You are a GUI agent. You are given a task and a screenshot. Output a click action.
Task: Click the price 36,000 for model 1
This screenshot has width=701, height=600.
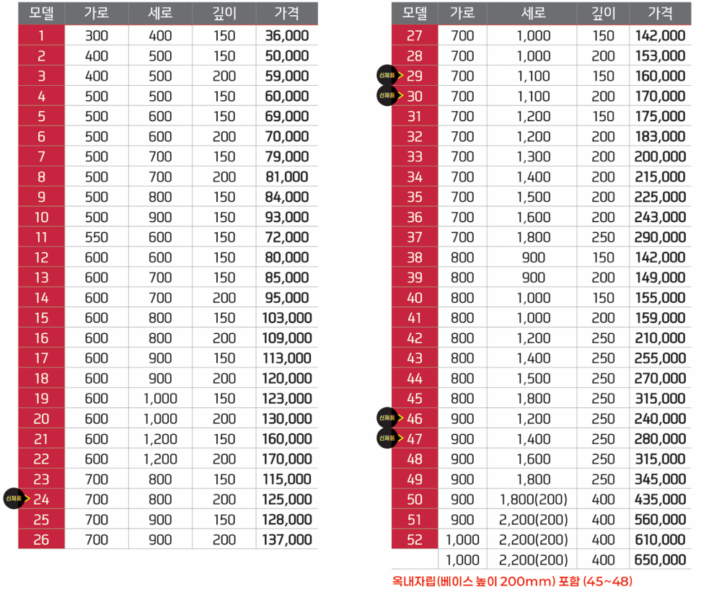[x=287, y=35]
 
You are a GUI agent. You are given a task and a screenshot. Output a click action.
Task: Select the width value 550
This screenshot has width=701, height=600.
[x=96, y=237]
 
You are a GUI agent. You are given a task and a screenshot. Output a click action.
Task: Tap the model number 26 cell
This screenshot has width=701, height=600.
[x=41, y=539]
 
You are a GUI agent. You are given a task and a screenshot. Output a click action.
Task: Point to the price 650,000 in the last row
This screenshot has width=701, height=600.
[x=660, y=560]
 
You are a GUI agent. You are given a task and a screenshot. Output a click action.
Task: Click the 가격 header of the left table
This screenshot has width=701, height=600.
[x=287, y=13]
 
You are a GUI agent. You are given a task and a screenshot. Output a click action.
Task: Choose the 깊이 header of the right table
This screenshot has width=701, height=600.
[x=603, y=13]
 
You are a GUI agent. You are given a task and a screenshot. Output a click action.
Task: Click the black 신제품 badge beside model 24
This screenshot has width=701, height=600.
[x=14, y=498]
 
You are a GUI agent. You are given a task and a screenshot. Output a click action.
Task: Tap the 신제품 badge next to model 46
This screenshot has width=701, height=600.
[x=387, y=418]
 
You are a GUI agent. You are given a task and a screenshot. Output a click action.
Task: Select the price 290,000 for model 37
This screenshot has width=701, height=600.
[x=660, y=237]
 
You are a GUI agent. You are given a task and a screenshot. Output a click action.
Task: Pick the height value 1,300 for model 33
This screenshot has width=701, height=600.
[x=532, y=156]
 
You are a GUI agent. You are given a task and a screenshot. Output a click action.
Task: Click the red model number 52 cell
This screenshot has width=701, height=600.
[x=415, y=539]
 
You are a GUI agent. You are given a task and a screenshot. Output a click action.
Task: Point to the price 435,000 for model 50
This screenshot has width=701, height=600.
[x=660, y=499]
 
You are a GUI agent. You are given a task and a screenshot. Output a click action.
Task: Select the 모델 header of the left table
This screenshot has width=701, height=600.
[x=41, y=13]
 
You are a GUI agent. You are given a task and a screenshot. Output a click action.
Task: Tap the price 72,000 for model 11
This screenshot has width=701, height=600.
[x=287, y=237]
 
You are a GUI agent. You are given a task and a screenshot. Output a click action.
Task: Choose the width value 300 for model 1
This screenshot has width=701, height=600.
[x=96, y=35]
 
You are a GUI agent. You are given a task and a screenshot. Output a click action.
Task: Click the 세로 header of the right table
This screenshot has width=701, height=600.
[x=532, y=13]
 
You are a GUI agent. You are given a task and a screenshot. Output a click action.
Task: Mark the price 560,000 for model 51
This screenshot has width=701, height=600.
[x=660, y=519]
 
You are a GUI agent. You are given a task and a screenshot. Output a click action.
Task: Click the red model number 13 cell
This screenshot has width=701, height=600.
[x=41, y=278]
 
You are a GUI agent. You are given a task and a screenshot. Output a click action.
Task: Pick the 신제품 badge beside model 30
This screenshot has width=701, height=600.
[x=387, y=95]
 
